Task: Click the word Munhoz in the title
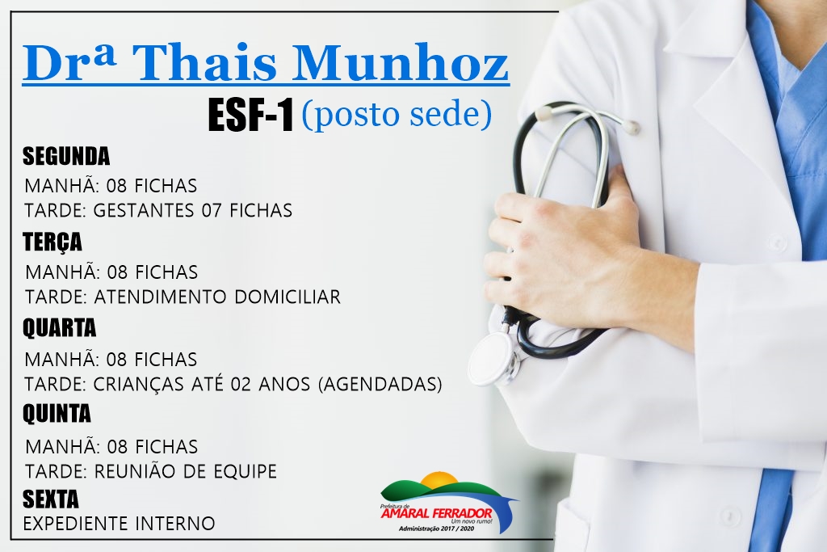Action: (x=401, y=64)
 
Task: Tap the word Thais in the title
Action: (x=207, y=64)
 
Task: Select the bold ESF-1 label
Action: (x=250, y=115)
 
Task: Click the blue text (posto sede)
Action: (x=396, y=115)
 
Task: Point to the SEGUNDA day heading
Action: (x=66, y=156)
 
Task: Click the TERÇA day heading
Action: (x=52, y=242)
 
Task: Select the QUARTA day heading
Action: (x=59, y=328)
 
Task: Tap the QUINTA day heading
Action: (x=57, y=414)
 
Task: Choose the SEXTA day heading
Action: (x=51, y=499)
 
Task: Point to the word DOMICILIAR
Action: (x=288, y=297)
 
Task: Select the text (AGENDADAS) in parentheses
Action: (x=380, y=384)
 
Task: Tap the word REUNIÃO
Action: (x=135, y=470)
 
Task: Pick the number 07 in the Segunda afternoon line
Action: (x=212, y=211)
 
